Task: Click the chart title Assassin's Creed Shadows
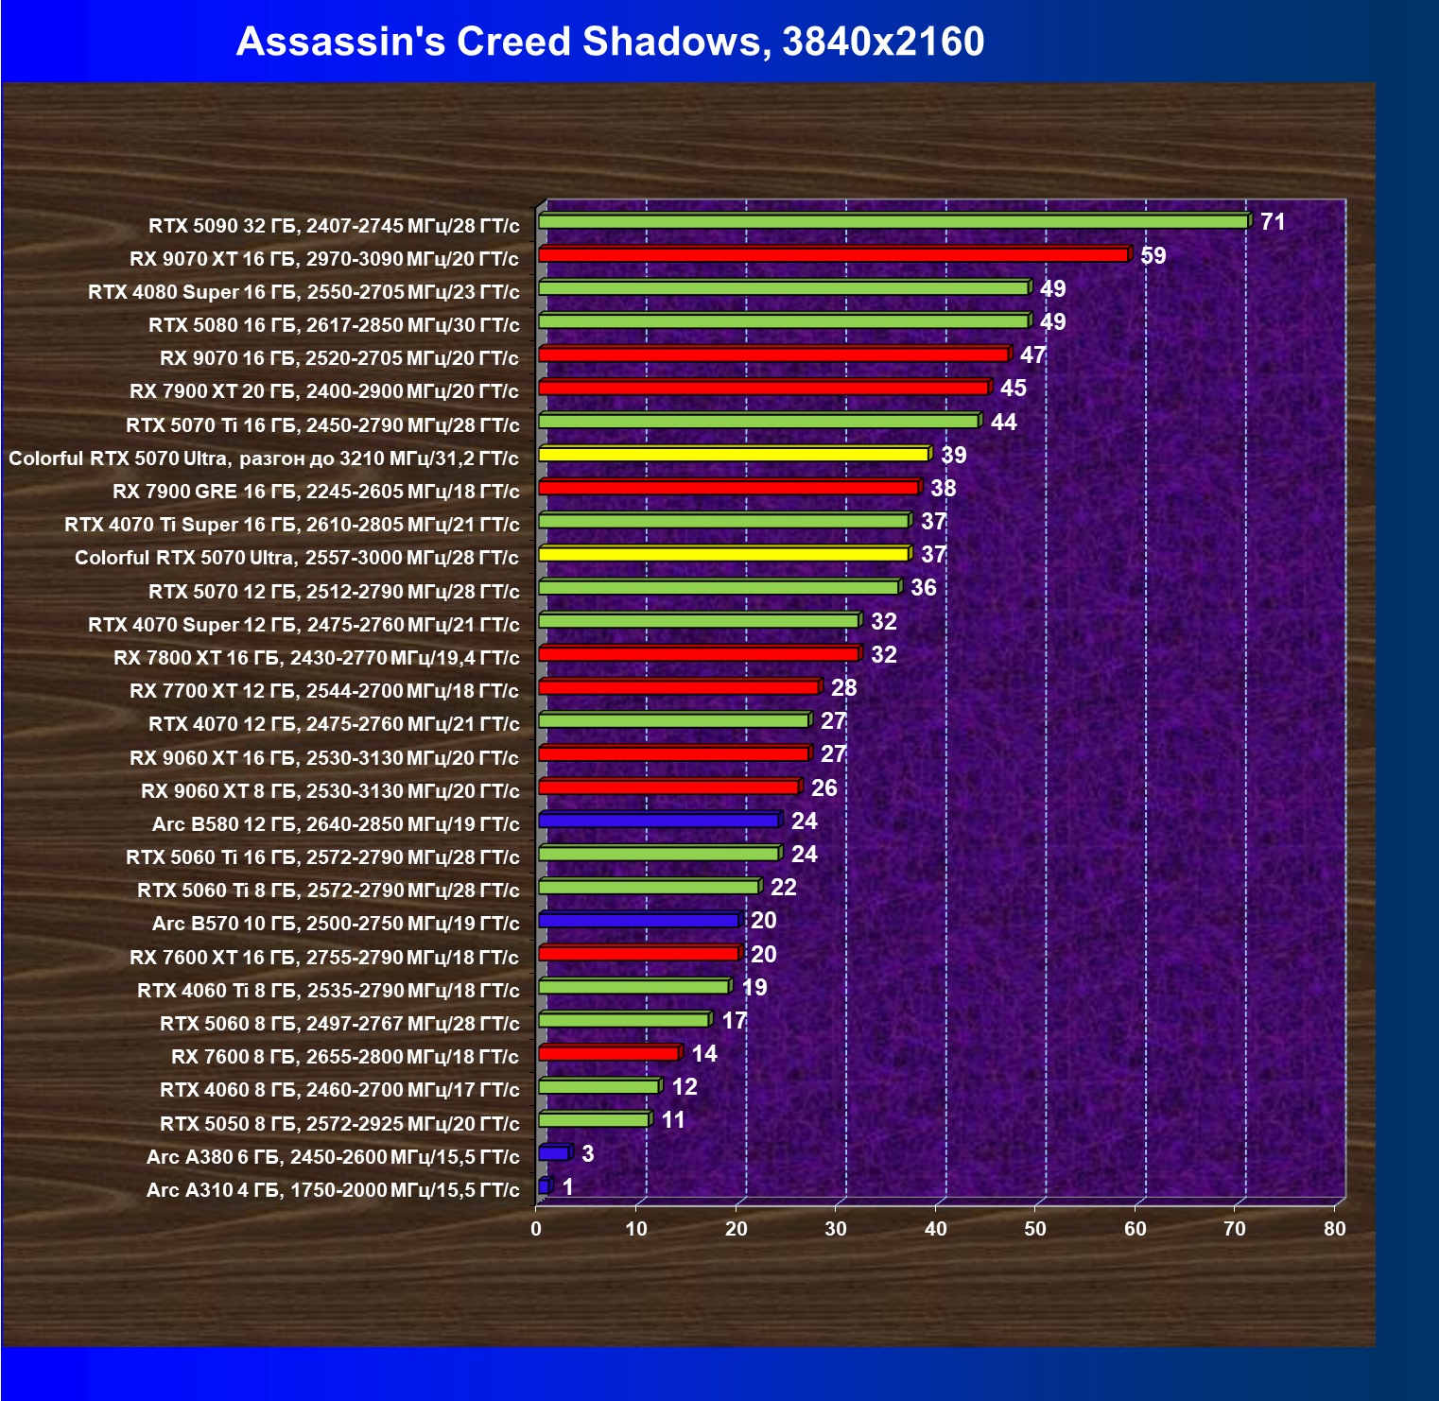point(610,42)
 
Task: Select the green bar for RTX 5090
point(893,221)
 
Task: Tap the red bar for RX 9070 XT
point(833,255)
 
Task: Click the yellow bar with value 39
point(734,455)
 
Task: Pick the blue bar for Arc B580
point(659,821)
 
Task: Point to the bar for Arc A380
point(554,1153)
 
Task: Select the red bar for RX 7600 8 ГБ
point(609,1053)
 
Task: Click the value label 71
point(1273,222)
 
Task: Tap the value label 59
point(1153,255)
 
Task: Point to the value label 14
point(704,1054)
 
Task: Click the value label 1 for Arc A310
point(567,1186)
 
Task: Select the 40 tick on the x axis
point(936,1229)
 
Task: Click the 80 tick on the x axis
point(1335,1229)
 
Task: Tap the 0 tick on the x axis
point(537,1229)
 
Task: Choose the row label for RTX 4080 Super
point(303,292)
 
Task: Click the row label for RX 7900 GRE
point(316,492)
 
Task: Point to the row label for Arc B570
point(336,924)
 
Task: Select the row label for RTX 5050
point(339,1124)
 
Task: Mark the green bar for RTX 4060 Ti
point(633,987)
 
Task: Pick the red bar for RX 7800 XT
point(699,654)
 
